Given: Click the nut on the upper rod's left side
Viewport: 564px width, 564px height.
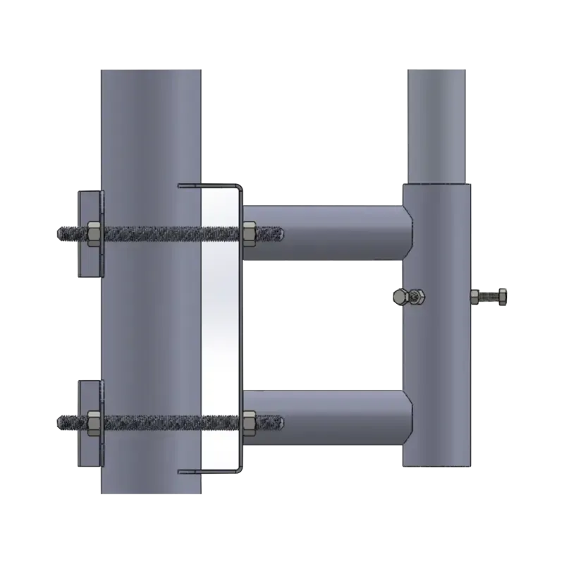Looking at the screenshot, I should (92, 231).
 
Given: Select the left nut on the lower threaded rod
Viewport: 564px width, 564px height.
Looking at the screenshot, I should (92, 422).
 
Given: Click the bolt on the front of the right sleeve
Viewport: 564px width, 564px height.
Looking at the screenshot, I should (407, 297).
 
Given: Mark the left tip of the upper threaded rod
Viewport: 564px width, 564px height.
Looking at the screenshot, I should (59, 231).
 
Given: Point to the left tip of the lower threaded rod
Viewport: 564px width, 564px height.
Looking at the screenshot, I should (59, 422).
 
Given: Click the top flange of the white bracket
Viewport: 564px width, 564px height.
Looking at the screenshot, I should (210, 186).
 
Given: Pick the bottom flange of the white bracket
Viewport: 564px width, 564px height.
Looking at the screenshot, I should (210, 471).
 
